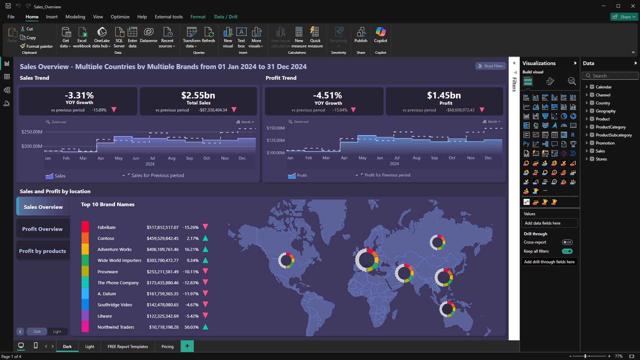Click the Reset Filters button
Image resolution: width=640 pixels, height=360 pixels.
(491, 66)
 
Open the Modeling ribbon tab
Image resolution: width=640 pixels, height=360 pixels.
(75, 17)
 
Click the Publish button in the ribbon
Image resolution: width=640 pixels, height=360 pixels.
(361, 35)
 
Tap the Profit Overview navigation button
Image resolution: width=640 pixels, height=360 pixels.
(43, 229)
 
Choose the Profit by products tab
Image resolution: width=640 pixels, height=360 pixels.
(43, 251)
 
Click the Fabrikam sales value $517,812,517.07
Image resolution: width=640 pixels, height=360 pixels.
(162, 227)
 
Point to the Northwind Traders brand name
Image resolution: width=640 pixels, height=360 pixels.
(116, 327)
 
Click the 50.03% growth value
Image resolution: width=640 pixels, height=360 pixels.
(191, 327)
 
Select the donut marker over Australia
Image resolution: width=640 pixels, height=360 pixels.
(447, 309)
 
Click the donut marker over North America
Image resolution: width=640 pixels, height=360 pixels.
(286, 260)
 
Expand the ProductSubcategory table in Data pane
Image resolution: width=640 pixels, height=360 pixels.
(587, 135)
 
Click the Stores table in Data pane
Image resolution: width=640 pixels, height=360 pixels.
(601, 159)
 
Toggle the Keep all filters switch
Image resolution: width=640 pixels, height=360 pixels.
(567, 251)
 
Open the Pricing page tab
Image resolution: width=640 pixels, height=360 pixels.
(167, 346)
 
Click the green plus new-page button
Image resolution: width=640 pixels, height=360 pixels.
(187, 346)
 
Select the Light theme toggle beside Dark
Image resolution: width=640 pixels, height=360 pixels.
(57, 332)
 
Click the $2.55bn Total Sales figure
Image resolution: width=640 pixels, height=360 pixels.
(198, 95)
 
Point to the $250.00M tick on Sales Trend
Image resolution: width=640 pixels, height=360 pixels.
(32, 132)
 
